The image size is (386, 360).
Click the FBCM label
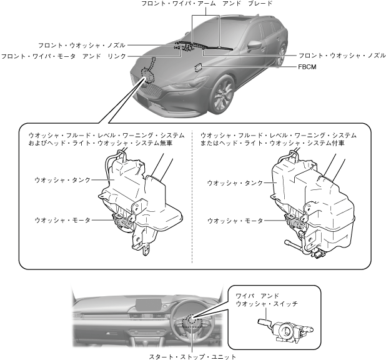point(307,69)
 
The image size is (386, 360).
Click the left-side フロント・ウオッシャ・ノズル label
point(81,46)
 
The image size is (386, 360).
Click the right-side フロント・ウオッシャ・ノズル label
point(341,56)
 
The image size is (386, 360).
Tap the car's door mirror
point(255,46)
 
